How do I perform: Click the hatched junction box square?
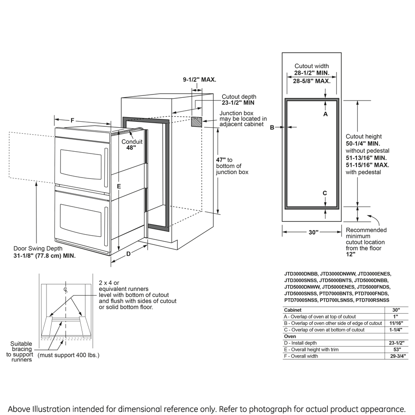[x=196, y=122]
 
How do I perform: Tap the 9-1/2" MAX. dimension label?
[x=199, y=80]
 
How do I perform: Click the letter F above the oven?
[x=72, y=120]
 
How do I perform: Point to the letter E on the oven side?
[x=119, y=186]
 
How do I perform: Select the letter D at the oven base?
[x=129, y=254]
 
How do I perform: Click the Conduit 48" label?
[x=132, y=145]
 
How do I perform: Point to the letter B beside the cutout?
[x=272, y=127]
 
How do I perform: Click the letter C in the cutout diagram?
[x=325, y=193]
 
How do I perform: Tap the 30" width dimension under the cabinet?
[x=314, y=232]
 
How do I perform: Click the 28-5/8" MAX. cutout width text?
[x=312, y=81]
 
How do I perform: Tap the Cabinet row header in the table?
[x=293, y=310]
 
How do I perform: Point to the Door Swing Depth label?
[x=44, y=251]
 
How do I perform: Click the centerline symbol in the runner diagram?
[x=66, y=290]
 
